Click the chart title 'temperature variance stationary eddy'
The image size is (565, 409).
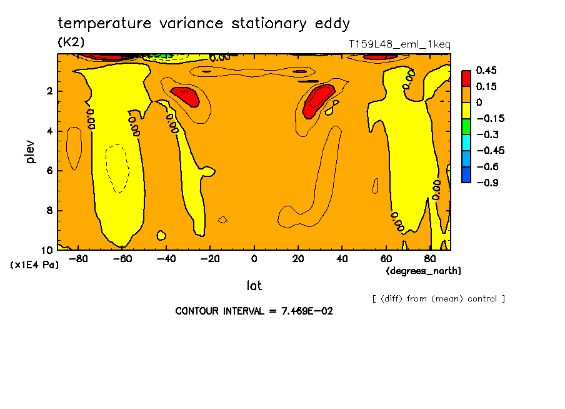pos(204,24)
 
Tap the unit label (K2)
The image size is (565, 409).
pos(71,43)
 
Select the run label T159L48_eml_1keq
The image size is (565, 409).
pos(399,44)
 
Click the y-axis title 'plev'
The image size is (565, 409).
pos(31,152)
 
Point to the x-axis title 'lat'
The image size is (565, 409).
pos(254,286)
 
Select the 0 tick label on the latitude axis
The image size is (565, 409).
pos(254,258)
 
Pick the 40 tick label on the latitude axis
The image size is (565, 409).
pos(342,258)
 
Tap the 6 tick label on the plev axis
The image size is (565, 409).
pos(49,171)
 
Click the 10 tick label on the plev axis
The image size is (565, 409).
pos(47,250)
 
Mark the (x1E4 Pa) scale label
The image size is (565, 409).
pos(34,265)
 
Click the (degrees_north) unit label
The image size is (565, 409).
pos(424,271)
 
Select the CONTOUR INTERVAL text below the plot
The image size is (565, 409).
pos(254,311)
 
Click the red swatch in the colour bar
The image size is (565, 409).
pos(466,78)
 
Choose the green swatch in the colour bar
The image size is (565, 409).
pos(466,126)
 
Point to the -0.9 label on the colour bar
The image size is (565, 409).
pos(487,182)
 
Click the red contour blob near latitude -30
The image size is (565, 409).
pos(185,97)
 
